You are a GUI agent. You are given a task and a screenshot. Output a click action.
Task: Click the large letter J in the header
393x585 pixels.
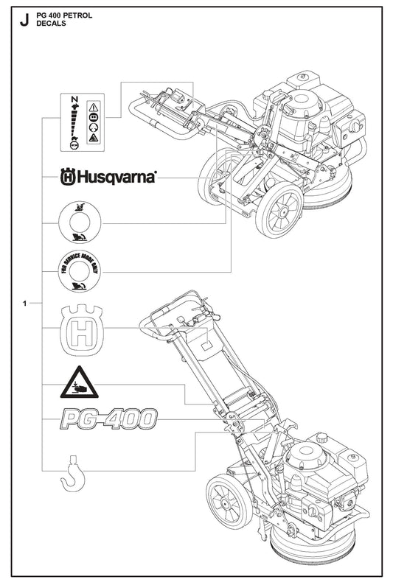(24, 20)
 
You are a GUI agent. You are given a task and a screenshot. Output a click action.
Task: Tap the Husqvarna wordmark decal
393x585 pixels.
(108, 177)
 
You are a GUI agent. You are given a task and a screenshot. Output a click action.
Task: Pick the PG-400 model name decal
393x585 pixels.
(108, 418)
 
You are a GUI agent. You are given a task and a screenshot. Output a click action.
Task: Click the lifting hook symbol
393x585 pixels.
(73, 474)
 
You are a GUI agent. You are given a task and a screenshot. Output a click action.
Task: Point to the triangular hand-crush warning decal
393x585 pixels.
(79, 382)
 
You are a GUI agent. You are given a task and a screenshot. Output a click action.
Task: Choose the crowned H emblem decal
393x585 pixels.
(82, 330)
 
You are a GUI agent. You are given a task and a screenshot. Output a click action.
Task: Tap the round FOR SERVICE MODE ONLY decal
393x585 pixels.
(80, 271)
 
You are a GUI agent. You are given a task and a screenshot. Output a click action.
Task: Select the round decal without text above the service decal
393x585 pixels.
(80, 223)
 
